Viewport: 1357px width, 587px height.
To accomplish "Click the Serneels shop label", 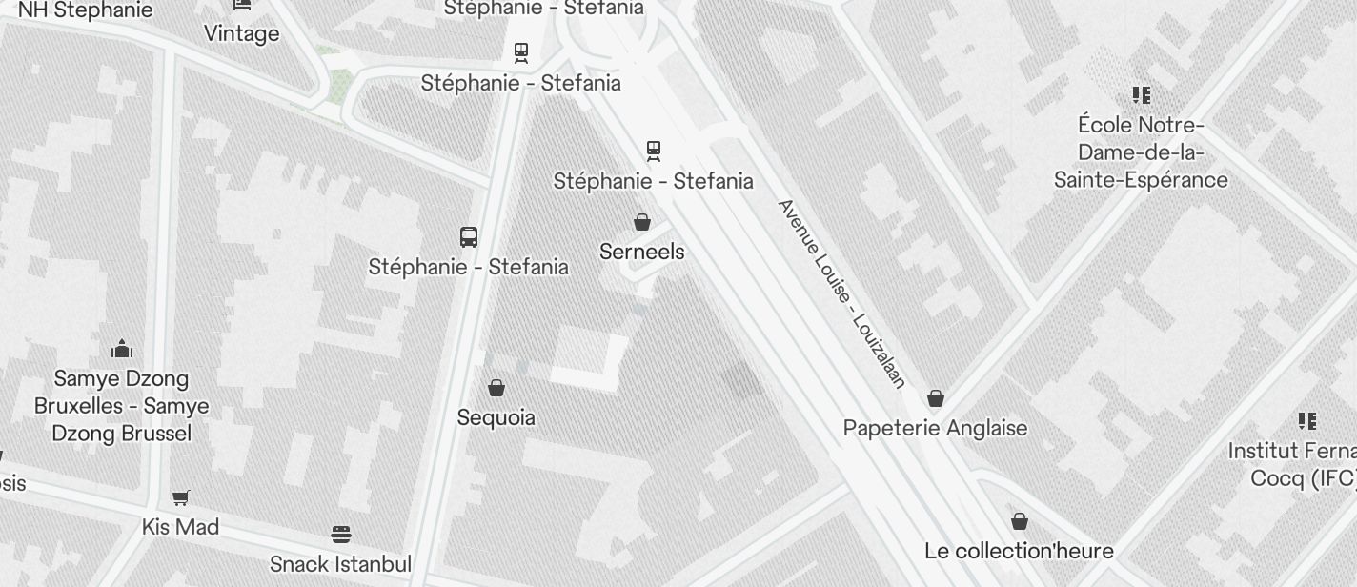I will [x=642, y=252].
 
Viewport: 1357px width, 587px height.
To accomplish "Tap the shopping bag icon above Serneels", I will [x=642, y=222].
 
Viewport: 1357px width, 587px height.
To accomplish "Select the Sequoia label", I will [x=496, y=417].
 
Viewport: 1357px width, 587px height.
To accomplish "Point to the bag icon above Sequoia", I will [x=496, y=388].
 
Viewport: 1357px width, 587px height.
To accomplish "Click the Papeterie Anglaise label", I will [x=935, y=428].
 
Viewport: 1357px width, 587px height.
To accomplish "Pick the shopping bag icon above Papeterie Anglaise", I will [x=936, y=398].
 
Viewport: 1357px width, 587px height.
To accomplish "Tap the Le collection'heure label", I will [x=1019, y=551].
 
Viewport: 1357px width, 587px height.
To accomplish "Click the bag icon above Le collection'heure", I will [x=1020, y=521].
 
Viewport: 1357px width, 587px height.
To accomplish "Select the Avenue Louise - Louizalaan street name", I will [x=841, y=293].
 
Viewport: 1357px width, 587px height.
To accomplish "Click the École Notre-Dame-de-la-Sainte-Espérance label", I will [x=1141, y=152].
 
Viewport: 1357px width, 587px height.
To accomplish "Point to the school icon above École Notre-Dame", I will [x=1142, y=95].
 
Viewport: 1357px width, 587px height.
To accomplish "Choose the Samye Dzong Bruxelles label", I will [x=121, y=406].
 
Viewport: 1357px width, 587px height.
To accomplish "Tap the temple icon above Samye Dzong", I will [x=122, y=349].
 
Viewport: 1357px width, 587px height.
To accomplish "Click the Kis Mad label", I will [x=180, y=527].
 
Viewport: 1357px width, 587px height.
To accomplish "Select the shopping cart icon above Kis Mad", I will [x=180, y=497].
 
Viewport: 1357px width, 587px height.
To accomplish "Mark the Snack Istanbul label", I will [x=340, y=563].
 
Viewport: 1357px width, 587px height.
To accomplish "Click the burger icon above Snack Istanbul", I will [x=341, y=534].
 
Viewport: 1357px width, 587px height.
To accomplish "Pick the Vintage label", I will [x=241, y=34].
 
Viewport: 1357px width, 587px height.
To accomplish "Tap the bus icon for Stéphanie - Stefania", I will [x=469, y=237].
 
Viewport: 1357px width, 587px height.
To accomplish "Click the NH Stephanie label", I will [x=85, y=10].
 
